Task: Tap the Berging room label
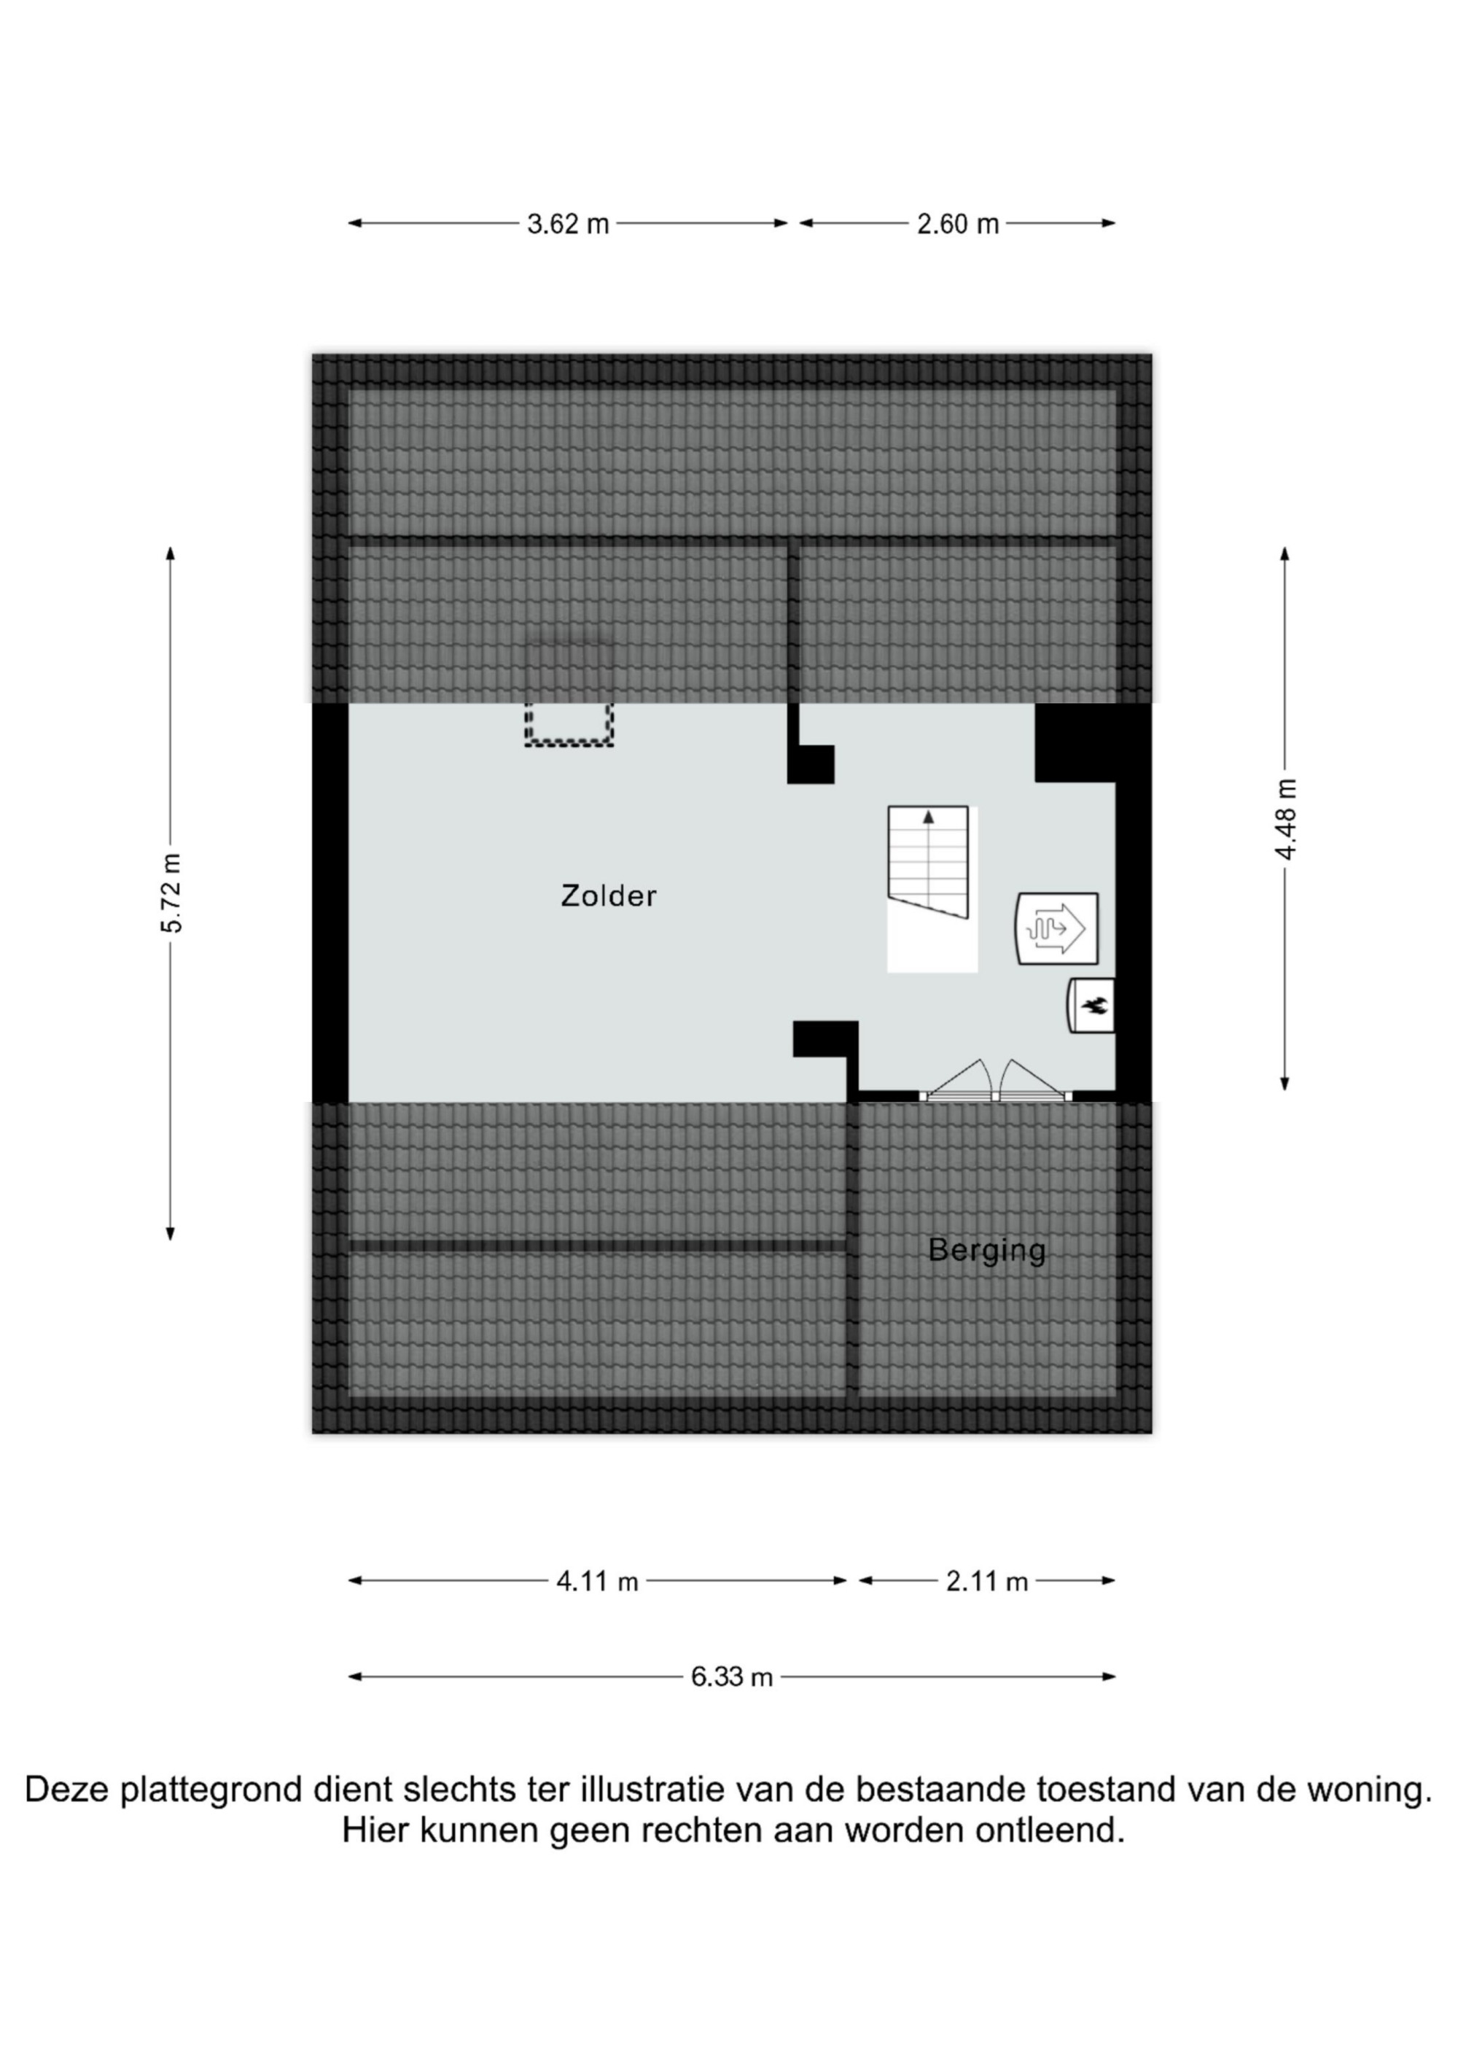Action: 986,1251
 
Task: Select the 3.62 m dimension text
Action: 568,224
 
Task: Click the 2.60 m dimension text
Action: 958,224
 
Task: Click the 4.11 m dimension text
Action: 597,1582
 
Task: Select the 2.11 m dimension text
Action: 986,1582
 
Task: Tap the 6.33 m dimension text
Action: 731,1677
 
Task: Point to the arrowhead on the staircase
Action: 928,817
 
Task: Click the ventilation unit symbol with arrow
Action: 1056,928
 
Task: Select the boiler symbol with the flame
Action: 1091,1006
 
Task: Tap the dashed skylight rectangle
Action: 569,724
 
